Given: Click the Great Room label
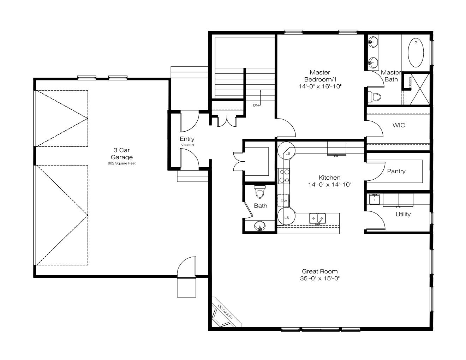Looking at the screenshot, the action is (319, 271).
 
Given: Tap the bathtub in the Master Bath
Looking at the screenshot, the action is (416, 53).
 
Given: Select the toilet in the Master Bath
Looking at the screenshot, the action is (375, 97).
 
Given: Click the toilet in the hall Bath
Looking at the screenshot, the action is (260, 192).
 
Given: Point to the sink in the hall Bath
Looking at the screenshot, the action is (260, 226).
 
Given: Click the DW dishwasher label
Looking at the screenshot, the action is (284, 201).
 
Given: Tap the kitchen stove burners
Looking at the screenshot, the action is (284, 176).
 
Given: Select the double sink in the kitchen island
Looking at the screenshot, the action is (317, 218).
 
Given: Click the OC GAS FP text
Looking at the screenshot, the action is (225, 312).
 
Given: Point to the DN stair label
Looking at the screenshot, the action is (256, 105).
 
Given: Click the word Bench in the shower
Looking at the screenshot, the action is (410, 82).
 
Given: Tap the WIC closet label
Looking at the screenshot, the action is (399, 125).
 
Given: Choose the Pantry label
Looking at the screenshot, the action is (396, 171).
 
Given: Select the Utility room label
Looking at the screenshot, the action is (403, 214).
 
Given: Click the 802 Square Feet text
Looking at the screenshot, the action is (121, 163).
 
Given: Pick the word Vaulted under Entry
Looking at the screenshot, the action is (187, 145).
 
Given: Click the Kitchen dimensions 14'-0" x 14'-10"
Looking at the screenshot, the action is (330, 184).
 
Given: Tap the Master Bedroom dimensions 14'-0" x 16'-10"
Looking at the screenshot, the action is (320, 86).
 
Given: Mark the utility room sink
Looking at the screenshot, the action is (375, 199).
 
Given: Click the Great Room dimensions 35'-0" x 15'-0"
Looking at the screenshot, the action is (319, 278).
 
